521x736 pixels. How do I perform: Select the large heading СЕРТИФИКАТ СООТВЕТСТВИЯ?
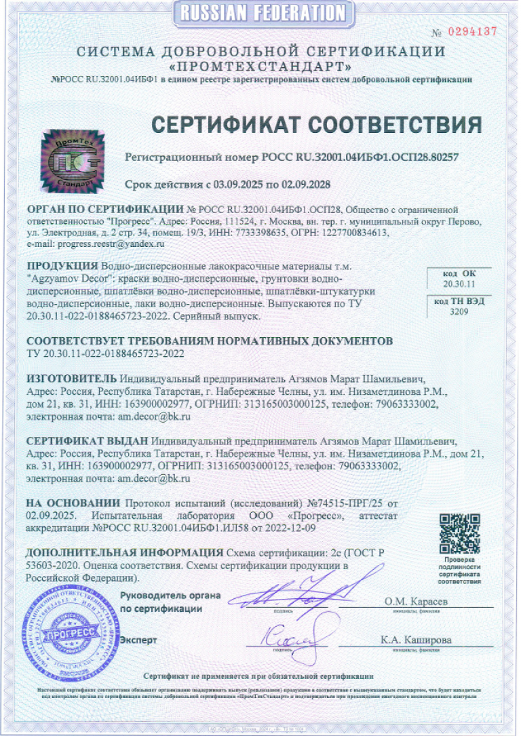316,124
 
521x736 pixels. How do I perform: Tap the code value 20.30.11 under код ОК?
459,284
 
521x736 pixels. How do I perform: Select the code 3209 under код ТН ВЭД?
459,312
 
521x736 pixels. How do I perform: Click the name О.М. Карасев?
415,601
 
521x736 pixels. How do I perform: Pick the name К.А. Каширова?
415,640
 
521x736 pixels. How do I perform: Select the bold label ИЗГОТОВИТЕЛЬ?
71,378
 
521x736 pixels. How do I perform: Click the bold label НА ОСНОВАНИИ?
73,503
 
